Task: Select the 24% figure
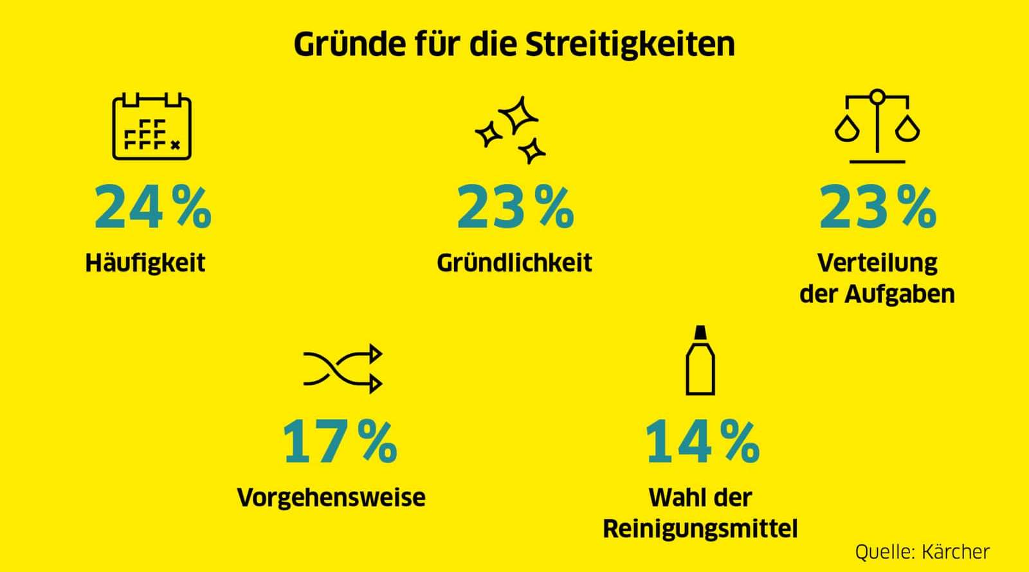pos(152,207)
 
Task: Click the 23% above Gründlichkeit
pos(515,207)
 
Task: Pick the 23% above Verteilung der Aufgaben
pos(878,207)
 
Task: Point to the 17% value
pos(340,441)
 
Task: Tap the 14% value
pos(702,441)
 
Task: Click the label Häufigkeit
pos(145,263)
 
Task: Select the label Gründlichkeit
pos(514,263)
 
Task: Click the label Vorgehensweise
pos(331,497)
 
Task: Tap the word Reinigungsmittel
pos(700,529)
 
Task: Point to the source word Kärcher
pos(955,551)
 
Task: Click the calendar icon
pos(152,127)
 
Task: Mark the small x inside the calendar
pos(175,145)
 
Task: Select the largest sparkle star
pos(519,115)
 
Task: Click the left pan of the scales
pos(847,129)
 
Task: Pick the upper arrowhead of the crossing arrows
pos(374,354)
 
